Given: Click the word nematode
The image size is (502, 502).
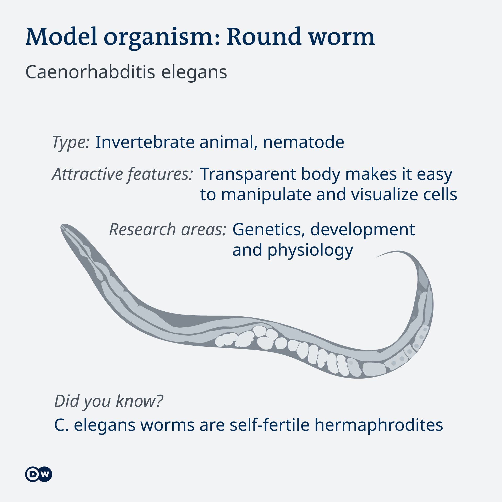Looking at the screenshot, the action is [304, 142].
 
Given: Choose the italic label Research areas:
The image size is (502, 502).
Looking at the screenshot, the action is [168, 230].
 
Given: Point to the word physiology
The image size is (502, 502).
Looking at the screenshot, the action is [310, 250].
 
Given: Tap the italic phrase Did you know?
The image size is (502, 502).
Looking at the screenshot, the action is [109, 401].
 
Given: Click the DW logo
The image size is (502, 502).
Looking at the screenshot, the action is [39, 474].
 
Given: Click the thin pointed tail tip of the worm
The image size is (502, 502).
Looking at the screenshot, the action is [377, 257].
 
